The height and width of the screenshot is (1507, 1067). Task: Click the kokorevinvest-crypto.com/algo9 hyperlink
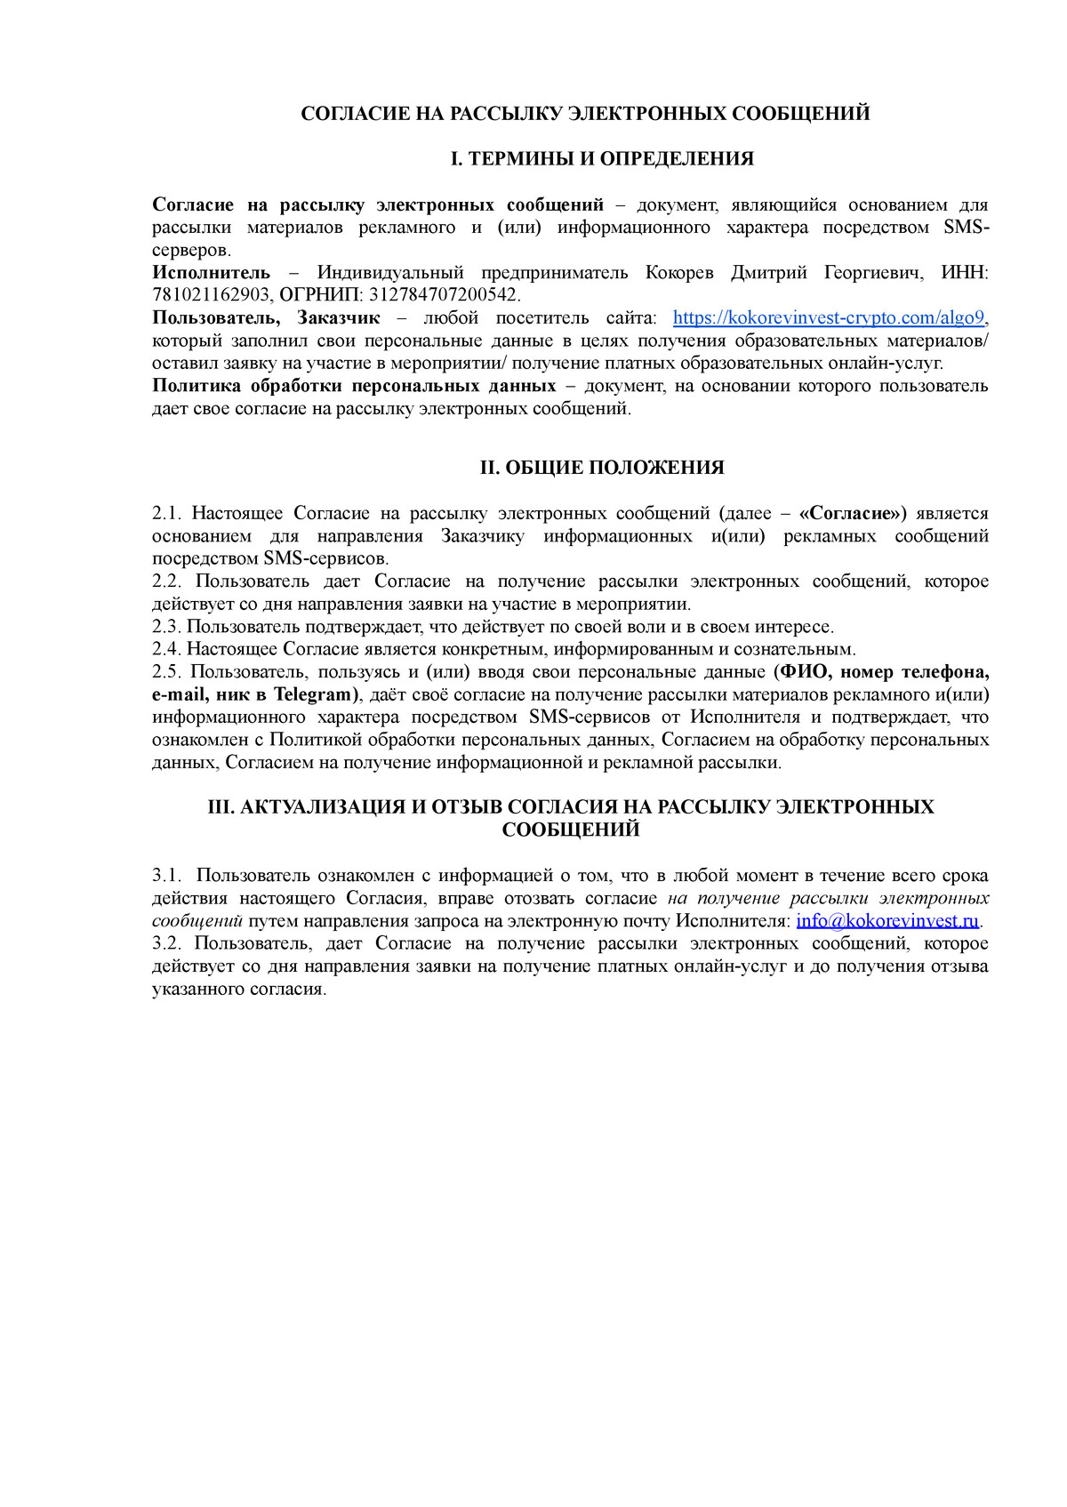(829, 318)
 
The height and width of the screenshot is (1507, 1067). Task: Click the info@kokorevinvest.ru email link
(886, 921)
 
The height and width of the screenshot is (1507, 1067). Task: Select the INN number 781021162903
(210, 295)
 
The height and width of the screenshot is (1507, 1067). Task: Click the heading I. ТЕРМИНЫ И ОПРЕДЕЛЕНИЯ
(602, 159)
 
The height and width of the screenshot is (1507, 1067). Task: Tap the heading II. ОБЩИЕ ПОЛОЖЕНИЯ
(602, 468)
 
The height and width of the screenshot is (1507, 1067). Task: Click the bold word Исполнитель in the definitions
(211, 273)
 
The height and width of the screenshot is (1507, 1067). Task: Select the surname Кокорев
(679, 273)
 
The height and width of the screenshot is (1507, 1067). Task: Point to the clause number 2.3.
(165, 627)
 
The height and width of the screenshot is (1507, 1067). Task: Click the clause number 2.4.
(165, 650)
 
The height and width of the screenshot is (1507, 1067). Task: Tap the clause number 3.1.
(165, 876)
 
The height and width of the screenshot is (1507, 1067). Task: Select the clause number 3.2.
(165, 943)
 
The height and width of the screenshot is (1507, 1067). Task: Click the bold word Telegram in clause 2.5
(314, 694)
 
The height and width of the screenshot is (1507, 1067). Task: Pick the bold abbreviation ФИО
(803, 672)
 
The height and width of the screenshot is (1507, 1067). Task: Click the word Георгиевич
(873, 273)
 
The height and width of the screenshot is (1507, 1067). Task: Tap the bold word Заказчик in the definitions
(339, 318)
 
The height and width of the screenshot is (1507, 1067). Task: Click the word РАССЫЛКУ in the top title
(504, 114)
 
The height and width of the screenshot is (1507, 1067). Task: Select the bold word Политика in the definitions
(196, 386)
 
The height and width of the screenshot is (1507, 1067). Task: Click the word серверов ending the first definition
(191, 251)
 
